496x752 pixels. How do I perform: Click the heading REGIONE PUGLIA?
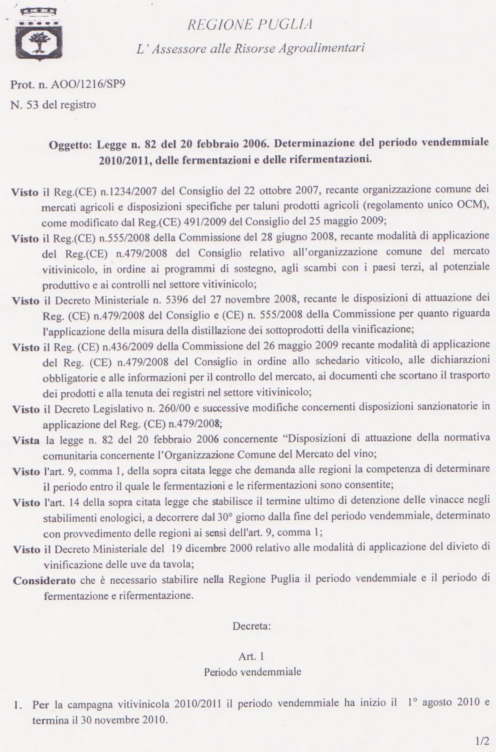point(250,24)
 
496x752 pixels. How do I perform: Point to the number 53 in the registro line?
point(32,104)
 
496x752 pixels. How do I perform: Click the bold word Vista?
point(26,441)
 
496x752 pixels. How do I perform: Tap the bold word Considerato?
point(44,581)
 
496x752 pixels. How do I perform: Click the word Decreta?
point(251,626)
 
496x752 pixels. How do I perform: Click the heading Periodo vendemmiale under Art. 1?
point(252,672)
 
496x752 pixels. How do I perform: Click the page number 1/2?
point(482,741)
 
